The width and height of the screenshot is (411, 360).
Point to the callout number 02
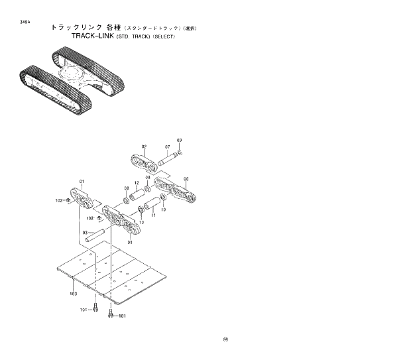pos(144,146)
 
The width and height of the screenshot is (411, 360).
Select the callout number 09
pos(179,141)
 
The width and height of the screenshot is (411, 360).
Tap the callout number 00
pos(186,179)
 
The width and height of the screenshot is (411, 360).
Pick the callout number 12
pos(137,184)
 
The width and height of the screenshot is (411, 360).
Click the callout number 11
pos(153,215)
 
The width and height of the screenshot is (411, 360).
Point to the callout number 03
pos(84,233)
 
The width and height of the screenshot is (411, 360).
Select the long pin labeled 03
pos(101,234)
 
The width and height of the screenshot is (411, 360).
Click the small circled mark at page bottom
pos(225,341)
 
